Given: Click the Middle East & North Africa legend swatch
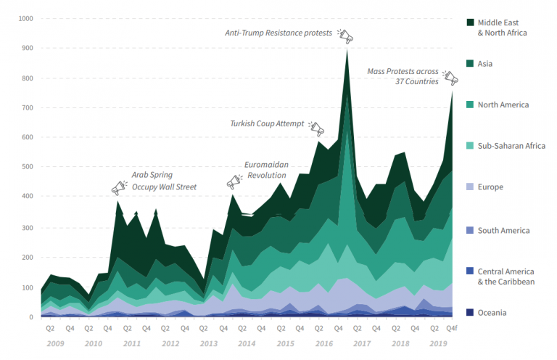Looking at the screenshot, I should coord(470,23).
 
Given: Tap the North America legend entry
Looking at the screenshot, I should coord(503,105).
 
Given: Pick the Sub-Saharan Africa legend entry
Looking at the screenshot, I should coord(511,146).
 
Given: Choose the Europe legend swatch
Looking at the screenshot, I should coord(470,187).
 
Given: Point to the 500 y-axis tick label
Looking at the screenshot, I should coord(27,168).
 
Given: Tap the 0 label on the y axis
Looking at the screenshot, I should coord(31,317).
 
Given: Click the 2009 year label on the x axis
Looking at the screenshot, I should coord(55,342).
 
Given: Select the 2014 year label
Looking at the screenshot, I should coord(247,342).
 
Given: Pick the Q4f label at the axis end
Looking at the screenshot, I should coord(451,329).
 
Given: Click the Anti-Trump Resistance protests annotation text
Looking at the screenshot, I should coord(278,33).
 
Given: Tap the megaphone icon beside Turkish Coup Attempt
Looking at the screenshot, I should coord(316,129).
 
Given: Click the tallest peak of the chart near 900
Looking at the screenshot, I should coord(347,49).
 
